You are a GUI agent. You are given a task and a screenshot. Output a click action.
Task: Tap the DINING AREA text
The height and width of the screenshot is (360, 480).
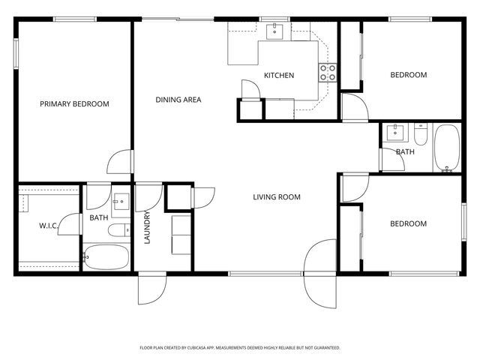coord(178,100)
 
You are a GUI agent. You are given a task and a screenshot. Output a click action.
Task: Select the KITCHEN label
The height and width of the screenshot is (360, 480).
coord(278,76)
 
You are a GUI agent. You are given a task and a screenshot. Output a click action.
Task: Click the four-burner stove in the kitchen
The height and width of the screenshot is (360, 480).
coord(328,72)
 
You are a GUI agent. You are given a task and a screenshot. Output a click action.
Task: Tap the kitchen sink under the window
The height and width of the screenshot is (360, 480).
coord(275,31)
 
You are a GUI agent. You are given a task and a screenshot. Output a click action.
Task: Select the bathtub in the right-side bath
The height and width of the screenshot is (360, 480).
coord(446,148)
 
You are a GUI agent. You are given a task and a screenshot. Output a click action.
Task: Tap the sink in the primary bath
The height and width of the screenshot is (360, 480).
coord(120,202)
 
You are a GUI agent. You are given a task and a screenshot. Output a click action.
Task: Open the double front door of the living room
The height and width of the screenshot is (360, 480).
coord(321,274)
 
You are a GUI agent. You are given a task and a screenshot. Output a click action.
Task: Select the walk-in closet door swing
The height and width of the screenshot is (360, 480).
coord(70,224)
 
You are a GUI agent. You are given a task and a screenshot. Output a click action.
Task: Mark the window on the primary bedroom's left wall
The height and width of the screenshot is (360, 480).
coord(16,54)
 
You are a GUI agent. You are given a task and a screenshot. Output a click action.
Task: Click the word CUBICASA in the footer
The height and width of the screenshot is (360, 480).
coord(208,348)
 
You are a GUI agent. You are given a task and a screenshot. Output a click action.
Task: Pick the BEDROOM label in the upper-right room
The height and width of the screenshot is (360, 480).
coord(408,75)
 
